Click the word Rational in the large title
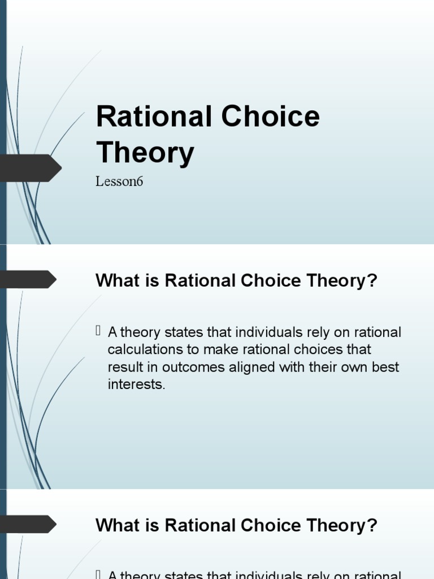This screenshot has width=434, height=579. pyautogui.click(x=152, y=116)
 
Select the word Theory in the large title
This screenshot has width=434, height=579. pyautogui.click(x=145, y=152)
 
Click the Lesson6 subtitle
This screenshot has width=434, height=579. pyautogui.click(x=119, y=182)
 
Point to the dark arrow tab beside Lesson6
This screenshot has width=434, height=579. pyautogui.click(x=31, y=168)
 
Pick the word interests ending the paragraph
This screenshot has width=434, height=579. pyautogui.click(x=136, y=384)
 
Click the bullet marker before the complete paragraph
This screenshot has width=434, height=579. pyautogui.click(x=99, y=331)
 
